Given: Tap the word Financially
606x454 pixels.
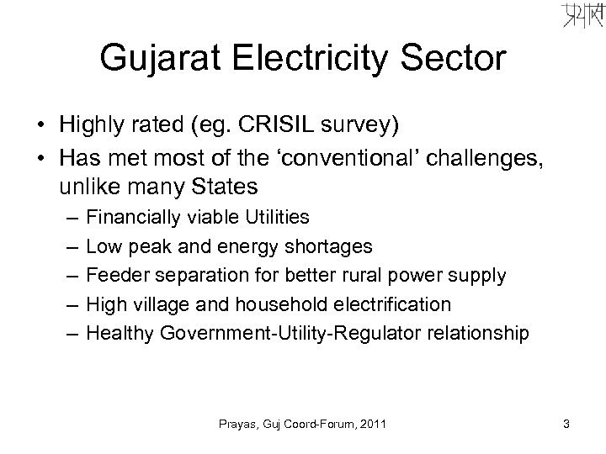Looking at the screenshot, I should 132,217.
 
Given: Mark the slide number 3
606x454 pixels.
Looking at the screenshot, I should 566,425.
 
